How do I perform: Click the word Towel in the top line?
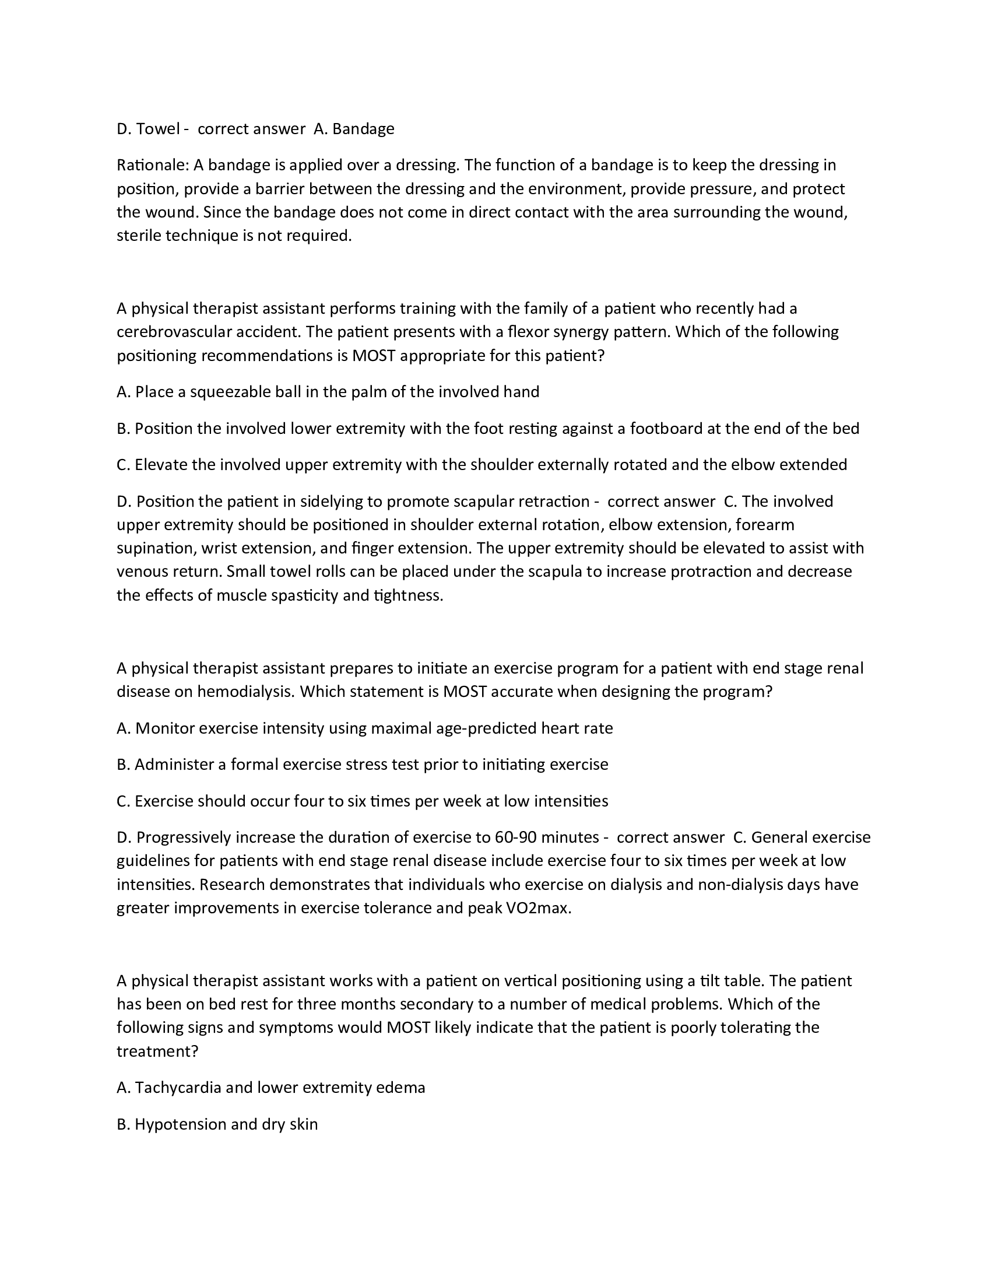coord(157,129)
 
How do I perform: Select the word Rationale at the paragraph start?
coord(152,165)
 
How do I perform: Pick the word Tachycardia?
coord(178,1088)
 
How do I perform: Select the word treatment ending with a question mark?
coord(157,1051)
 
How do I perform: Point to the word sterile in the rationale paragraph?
coord(139,236)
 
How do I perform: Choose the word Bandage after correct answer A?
coord(363,129)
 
